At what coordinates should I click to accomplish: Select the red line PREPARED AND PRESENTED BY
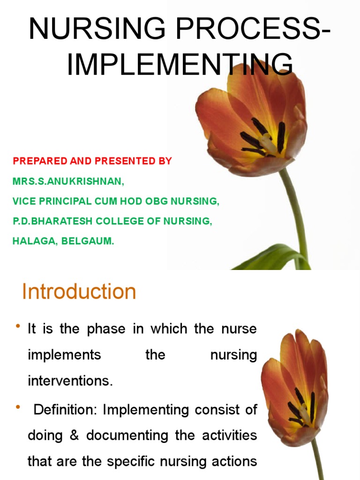pyautogui.click(x=92, y=161)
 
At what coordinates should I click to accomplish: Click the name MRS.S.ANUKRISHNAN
pyautogui.click(x=68, y=181)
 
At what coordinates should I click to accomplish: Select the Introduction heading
pyautogui.click(x=79, y=292)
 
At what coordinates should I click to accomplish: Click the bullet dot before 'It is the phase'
pyautogui.click(x=17, y=326)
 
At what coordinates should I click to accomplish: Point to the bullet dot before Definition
pyautogui.click(x=17, y=406)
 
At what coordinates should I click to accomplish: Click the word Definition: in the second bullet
pyautogui.click(x=66, y=410)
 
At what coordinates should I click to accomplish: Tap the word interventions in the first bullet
pyautogui.click(x=70, y=381)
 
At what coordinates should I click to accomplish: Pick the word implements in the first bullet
pyautogui.click(x=64, y=355)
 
